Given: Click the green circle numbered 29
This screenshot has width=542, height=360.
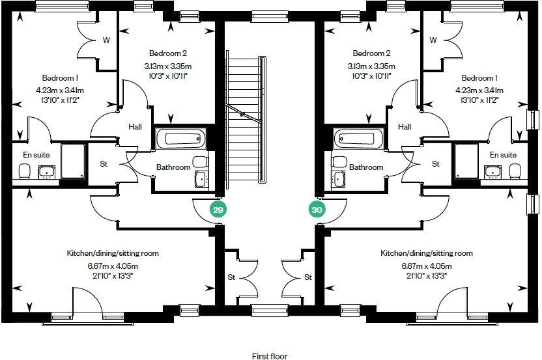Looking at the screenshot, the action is coord(218,210).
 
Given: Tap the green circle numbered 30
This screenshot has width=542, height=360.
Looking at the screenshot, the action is coord(317,210).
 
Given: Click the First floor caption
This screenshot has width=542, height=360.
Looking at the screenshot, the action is coord(270,355).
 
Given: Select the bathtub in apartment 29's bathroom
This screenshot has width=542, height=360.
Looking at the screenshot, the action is coord(181,138).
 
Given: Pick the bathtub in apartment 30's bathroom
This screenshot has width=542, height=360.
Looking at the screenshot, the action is coord(355,138).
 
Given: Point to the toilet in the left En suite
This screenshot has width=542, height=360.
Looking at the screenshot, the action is coord(25,171).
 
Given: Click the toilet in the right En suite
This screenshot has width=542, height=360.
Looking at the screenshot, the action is coord(515,171).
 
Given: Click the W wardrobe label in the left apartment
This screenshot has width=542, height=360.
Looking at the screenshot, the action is coord(106,40).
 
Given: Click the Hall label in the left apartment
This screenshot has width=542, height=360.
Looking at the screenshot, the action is coord(135,127).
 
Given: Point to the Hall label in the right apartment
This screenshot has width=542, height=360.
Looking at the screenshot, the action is coord(405,127).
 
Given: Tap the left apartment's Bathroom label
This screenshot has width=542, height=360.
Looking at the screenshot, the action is coord(173,167).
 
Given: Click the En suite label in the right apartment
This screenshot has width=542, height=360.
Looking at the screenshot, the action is coord(503,155).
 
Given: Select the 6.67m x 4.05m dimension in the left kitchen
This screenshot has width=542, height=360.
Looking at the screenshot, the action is coord(113,266).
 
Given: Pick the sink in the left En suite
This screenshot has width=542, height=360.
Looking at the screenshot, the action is coord(46,172).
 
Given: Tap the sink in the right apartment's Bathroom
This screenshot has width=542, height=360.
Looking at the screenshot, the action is coord(338,178).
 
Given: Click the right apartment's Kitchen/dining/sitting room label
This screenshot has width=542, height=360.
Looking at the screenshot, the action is coord(427,253).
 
